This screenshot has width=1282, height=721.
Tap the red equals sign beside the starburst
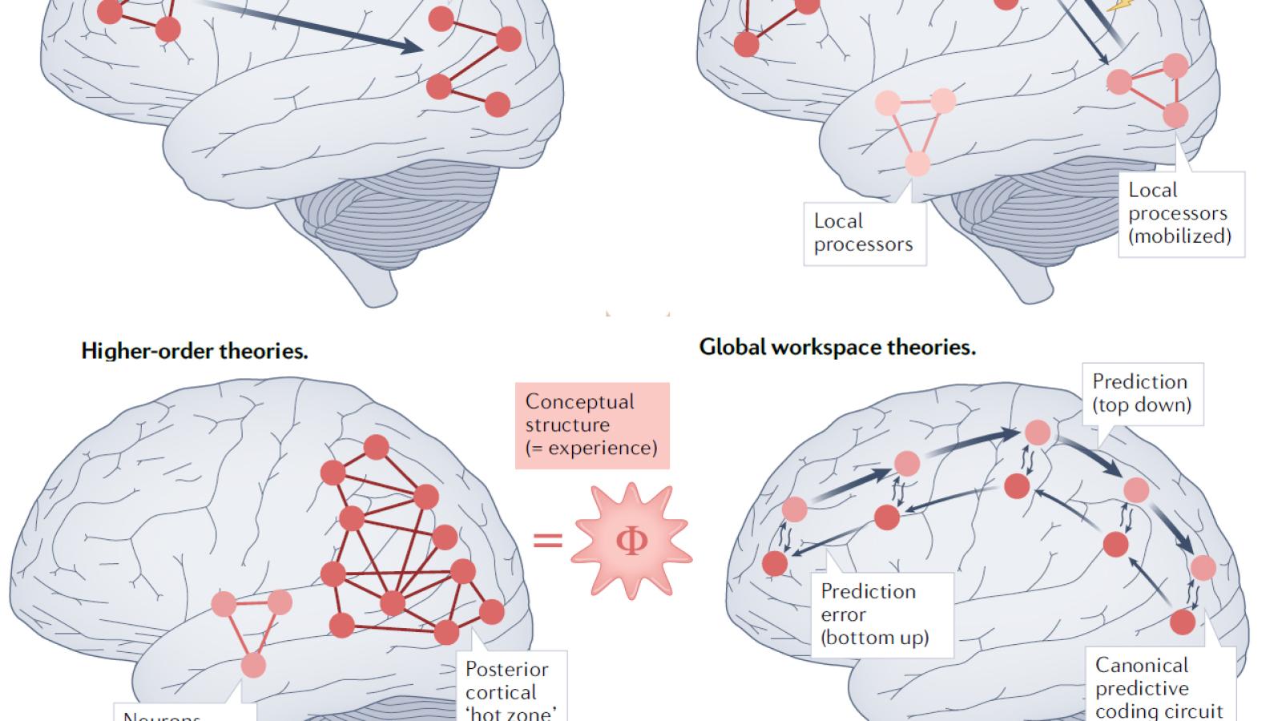[x=548, y=541]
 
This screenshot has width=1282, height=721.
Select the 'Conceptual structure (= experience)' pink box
[x=591, y=425]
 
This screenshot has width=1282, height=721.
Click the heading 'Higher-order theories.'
[x=195, y=351]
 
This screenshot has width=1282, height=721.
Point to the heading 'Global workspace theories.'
[x=837, y=347]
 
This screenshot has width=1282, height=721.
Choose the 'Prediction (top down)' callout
[x=1142, y=393]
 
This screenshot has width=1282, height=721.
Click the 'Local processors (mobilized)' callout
[x=1179, y=213]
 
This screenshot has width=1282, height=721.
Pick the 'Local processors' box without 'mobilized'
[x=864, y=232]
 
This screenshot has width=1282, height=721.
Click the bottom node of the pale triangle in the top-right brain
[x=917, y=163]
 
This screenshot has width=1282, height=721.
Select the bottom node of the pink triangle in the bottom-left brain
[x=253, y=665]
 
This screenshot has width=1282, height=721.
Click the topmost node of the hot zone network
[x=376, y=447]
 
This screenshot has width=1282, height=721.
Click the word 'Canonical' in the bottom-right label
[x=1142, y=665]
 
